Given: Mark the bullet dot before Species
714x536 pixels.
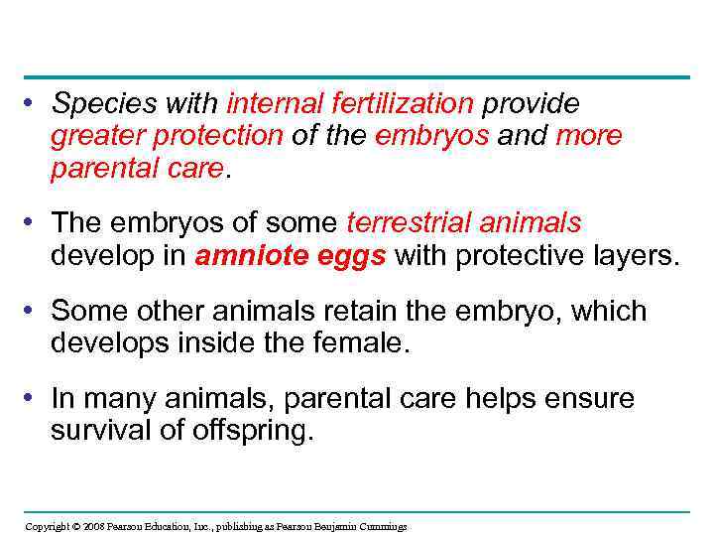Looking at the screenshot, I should coord(33,103).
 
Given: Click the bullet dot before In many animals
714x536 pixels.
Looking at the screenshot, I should coord(33,399).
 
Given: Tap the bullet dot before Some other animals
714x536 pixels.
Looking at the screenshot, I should coord(33,311).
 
